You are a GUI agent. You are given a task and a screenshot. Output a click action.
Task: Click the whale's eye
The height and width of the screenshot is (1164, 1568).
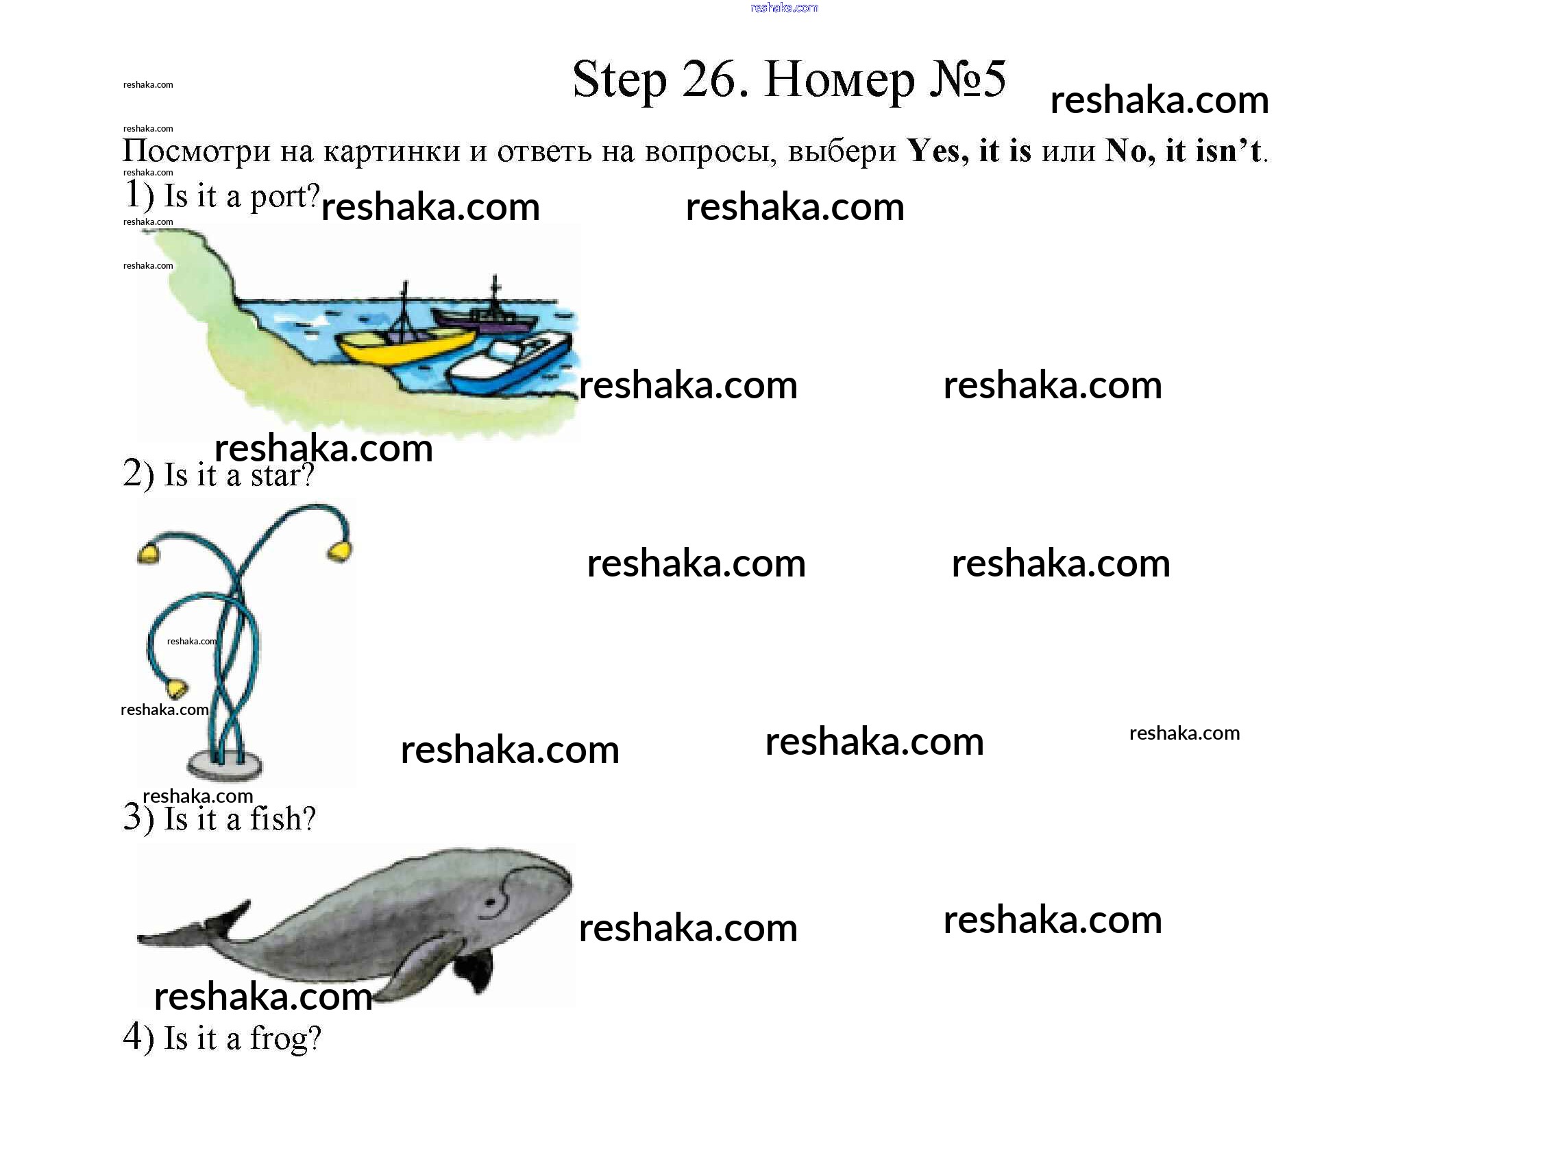point(491,902)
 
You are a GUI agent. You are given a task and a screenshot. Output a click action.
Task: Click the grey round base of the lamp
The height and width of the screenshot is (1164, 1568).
point(225,764)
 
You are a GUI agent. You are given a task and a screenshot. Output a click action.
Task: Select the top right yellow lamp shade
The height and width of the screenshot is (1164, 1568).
point(340,551)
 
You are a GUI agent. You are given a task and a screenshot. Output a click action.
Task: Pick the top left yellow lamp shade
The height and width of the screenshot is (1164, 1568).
point(149,553)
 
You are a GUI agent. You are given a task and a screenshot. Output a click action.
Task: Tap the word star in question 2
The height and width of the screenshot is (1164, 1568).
point(282,476)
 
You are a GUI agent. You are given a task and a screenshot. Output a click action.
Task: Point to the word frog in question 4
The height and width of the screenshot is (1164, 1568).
point(285,1039)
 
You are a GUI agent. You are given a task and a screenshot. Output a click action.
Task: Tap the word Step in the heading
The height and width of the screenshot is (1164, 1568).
point(619,80)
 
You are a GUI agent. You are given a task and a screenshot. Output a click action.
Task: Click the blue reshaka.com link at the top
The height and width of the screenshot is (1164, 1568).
point(784,8)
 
